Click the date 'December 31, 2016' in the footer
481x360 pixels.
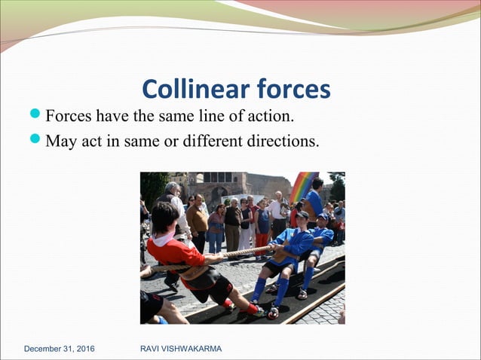point(64,349)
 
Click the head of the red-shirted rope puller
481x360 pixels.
point(164,218)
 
